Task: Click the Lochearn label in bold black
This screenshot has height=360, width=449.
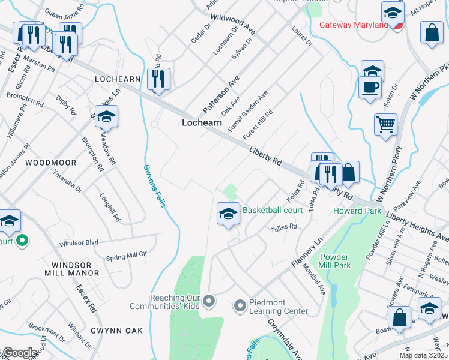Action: coord(202,122)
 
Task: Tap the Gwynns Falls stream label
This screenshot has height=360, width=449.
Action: coord(155,186)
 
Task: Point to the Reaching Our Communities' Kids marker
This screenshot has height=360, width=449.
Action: coord(209,299)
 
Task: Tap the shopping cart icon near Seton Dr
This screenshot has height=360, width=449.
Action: coord(385,125)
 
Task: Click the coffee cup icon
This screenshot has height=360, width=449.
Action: coord(370,87)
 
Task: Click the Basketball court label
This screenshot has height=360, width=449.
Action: coord(272,210)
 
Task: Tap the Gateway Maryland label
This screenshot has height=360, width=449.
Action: coord(354,25)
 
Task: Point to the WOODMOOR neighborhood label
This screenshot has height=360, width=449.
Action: coord(51,163)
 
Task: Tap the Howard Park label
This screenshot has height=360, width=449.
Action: coord(357,211)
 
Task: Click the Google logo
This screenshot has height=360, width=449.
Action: coord(19,353)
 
